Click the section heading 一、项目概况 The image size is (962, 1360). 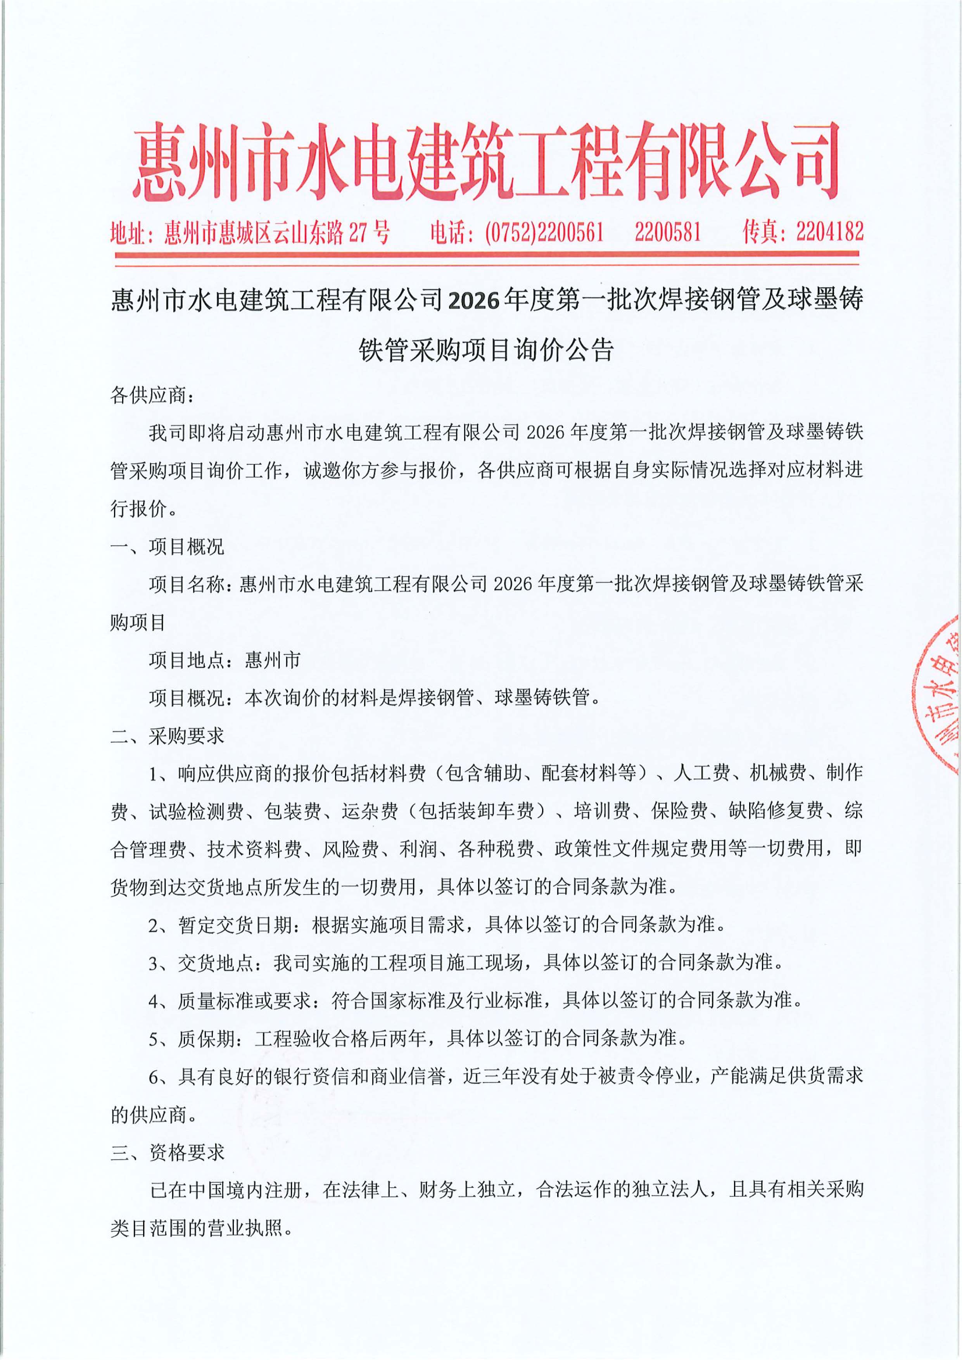pos(168,547)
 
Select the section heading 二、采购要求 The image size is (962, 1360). pos(168,736)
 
